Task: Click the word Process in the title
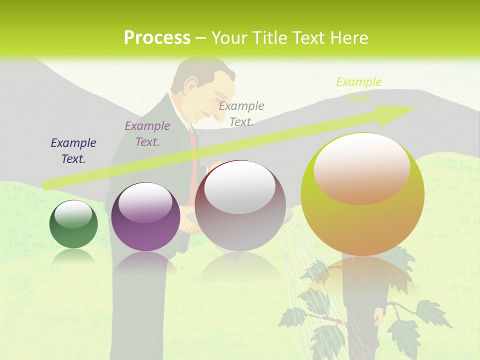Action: point(157,38)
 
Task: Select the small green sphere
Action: point(73,224)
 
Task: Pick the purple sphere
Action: point(145,217)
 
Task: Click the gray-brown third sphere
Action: point(240,205)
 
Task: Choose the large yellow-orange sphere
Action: point(362,194)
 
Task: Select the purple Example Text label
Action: point(147,134)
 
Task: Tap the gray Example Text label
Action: point(241,114)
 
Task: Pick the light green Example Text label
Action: point(358,89)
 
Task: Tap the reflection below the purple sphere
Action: point(145,265)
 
